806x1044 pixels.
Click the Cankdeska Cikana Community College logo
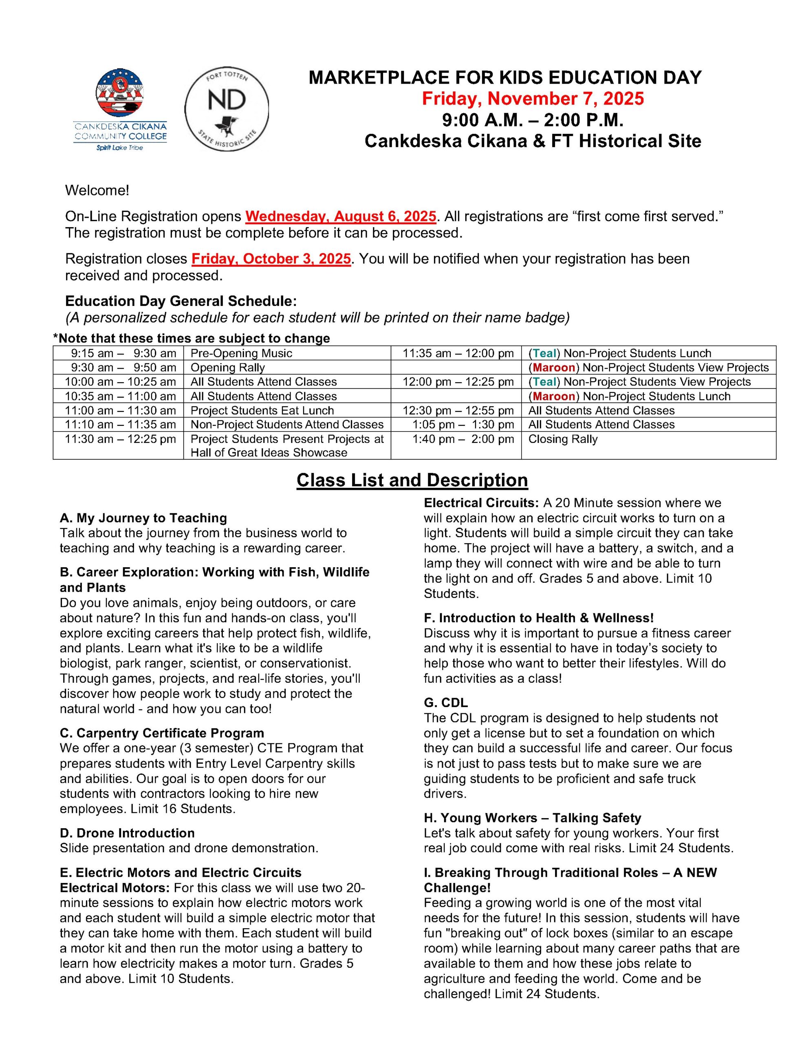[x=120, y=110]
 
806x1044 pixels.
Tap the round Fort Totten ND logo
[x=227, y=109]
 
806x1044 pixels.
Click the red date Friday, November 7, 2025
[x=533, y=98]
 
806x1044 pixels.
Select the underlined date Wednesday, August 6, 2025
[x=341, y=217]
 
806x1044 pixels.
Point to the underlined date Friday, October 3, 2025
[x=271, y=259]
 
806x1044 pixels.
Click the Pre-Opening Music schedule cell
[x=241, y=353]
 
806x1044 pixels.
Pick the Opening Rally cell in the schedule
[x=227, y=367]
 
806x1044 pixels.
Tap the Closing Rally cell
[x=563, y=439]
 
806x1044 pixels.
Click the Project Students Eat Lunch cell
[x=262, y=411]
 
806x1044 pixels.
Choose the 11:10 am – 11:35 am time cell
[x=120, y=425]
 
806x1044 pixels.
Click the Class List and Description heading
[x=412, y=480]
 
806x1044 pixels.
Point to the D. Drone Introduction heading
[x=127, y=833]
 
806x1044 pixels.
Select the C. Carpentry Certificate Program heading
[x=162, y=733]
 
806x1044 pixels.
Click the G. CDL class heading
[x=446, y=703]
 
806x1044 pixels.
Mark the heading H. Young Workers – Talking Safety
[x=532, y=818]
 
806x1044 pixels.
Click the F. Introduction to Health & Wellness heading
[x=538, y=618]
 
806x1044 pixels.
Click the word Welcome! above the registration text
[x=97, y=191]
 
